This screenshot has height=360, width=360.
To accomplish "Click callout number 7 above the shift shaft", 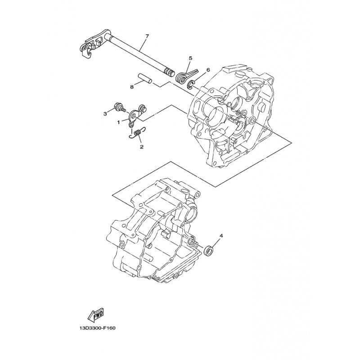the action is tap(147, 36).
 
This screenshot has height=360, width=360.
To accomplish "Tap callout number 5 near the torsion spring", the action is tap(190, 58).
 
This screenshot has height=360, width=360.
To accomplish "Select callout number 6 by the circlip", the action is tap(208, 70).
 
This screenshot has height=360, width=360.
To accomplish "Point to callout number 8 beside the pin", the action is tap(131, 87).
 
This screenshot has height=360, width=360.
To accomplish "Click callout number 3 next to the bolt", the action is tap(105, 114).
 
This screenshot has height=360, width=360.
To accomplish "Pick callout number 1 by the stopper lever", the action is tap(119, 122).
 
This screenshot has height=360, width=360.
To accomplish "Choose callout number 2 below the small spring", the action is tap(141, 147).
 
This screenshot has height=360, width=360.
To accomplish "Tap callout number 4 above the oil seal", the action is tap(221, 236).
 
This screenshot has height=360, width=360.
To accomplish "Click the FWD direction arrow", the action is tap(96, 314).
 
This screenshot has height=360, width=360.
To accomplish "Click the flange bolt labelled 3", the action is tap(119, 108).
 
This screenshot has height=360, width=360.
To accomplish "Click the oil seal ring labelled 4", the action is tap(208, 250).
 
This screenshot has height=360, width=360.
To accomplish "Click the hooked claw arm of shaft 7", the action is tap(88, 49).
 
